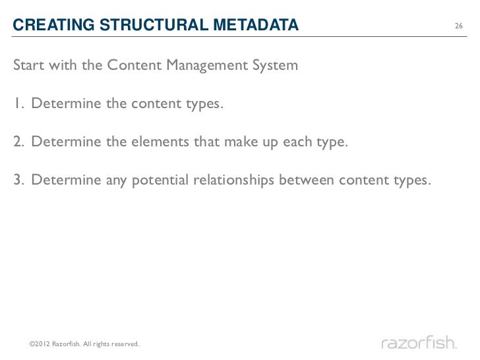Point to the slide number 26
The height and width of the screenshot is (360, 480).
[x=459, y=27]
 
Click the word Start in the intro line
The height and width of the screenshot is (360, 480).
[x=28, y=66]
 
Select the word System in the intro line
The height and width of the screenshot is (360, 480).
[x=276, y=66]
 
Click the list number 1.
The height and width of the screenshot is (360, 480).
[x=16, y=104]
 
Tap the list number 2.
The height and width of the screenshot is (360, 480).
[x=17, y=142]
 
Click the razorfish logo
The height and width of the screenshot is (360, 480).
[x=419, y=343]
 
